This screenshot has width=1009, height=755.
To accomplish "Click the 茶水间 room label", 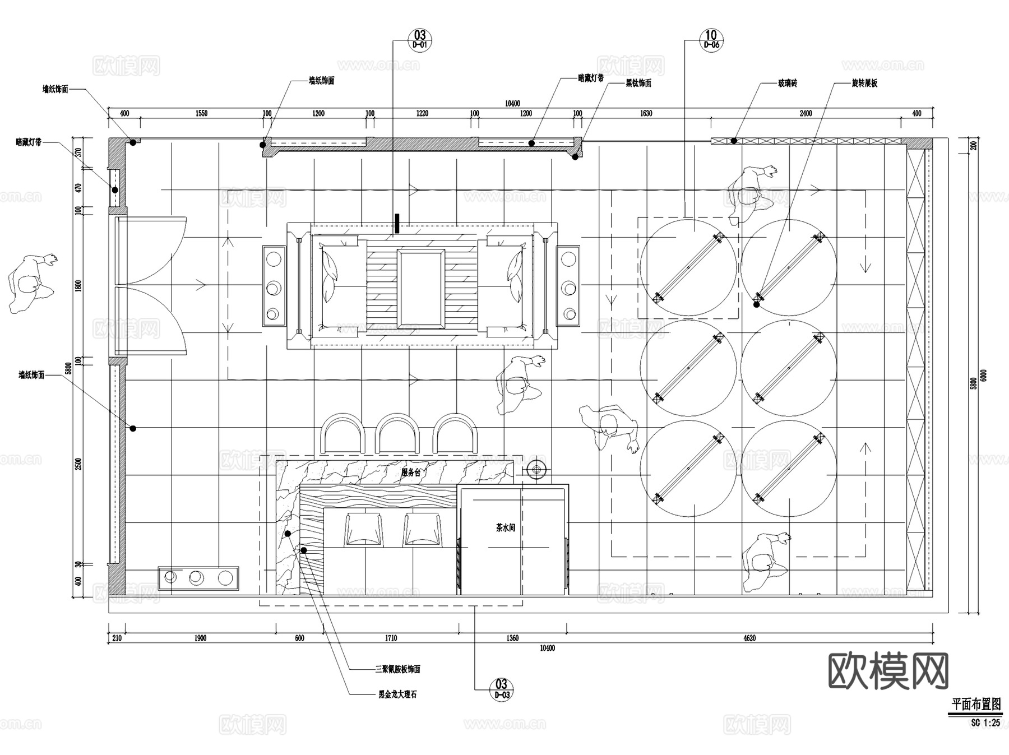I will tap(505, 528).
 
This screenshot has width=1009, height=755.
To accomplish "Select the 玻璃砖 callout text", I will tap(786, 84).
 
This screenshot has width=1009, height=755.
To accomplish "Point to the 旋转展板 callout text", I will tap(864, 84).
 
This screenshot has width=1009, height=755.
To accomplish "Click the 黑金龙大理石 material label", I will tap(397, 694).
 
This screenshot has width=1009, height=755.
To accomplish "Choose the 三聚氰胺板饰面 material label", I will tap(397, 669).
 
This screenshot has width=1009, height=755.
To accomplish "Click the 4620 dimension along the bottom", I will tap(749, 638).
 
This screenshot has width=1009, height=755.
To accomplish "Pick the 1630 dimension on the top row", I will tap(646, 113).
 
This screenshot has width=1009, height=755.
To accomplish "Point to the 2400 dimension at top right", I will tap(806, 113).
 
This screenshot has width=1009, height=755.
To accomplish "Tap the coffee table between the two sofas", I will tap(420, 288).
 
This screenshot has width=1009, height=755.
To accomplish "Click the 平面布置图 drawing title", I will tap(976, 704).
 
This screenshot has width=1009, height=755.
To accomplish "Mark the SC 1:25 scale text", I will tap(985, 723).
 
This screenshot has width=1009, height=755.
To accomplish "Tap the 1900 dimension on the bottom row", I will tap(200, 638).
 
